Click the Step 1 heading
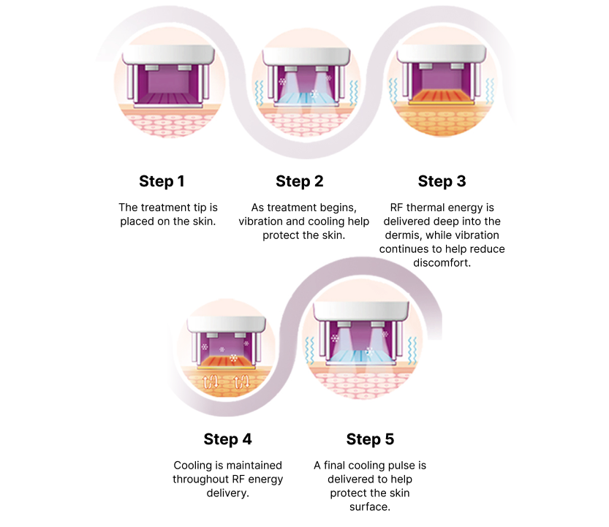pyautogui.click(x=162, y=181)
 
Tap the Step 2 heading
pyautogui.click(x=300, y=181)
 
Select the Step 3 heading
pyautogui.click(x=442, y=181)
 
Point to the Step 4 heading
pyautogui.click(x=227, y=439)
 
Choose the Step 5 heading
pyautogui.click(x=370, y=439)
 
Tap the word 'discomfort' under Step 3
pyautogui.click(x=441, y=263)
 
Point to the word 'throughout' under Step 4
pyautogui.click(x=200, y=479)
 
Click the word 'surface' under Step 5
pyautogui.click(x=368, y=507)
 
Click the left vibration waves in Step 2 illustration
pyautogui.click(x=260, y=93)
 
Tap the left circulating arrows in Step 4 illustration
pyautogui.click(x=211, y=382)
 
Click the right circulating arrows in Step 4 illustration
pyautogui.click(x=241, y=382)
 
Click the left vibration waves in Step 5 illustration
pyautogui.click(x=309, y=350)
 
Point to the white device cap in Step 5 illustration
pyautogui.click(x=362, y=311)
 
